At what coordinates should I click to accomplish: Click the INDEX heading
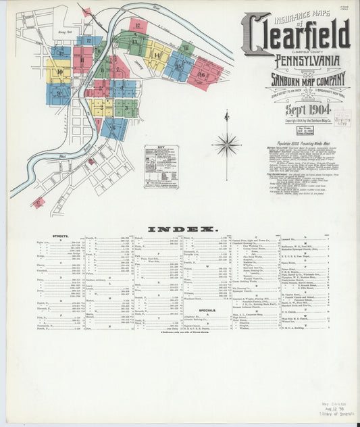click(x=180, y=230)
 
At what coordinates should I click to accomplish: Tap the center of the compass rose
click(x=226, y=144)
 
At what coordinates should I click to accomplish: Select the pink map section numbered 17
click(x=138, y=26)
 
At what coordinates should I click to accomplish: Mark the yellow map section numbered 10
click(x=59, y=71)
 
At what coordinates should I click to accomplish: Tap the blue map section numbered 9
click(x=58, y=93)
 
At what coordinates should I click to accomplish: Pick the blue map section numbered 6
click(x=114, y=127)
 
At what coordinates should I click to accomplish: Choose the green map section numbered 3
click(x=126, y=107)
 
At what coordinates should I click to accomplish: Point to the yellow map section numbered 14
click(x=157, y=55)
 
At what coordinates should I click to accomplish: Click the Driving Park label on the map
click(x=65, y=32)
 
